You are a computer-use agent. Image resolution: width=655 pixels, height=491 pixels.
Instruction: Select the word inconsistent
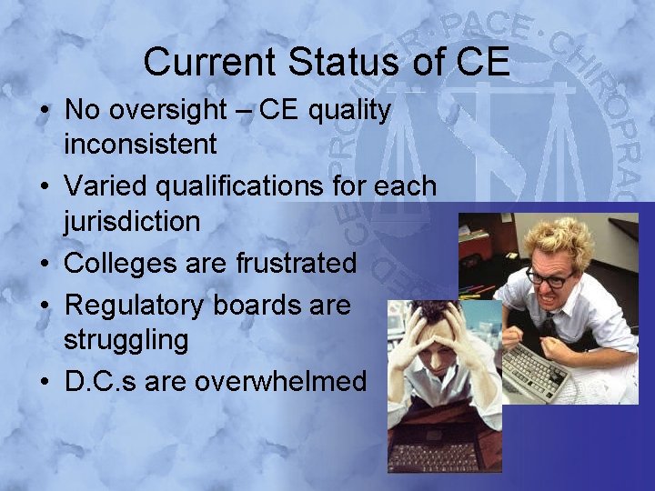[140, 144]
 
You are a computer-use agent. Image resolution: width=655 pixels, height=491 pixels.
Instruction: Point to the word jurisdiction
[132, 221]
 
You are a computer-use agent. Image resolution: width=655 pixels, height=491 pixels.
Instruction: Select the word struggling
[126, 340]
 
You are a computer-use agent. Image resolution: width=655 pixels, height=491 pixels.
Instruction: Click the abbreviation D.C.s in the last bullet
[99, 381]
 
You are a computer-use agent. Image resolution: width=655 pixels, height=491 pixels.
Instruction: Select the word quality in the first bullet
[350, 111]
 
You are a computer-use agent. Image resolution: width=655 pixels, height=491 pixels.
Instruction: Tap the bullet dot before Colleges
[44, 264]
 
